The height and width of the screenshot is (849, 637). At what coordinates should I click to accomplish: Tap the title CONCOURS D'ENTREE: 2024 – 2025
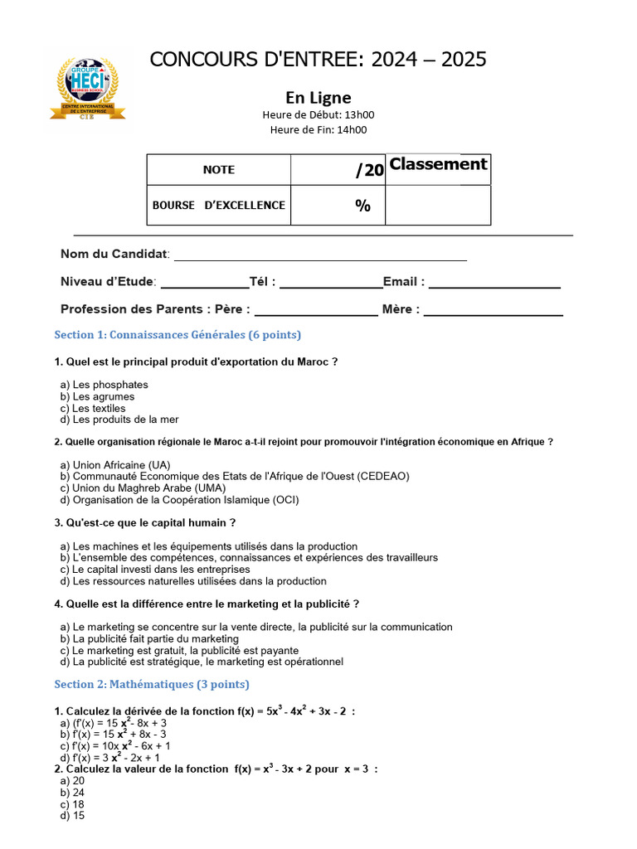point(318,60)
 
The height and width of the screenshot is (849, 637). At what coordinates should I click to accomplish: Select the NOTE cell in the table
point(219,170)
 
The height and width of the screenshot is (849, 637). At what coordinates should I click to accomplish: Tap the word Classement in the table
point(438,164)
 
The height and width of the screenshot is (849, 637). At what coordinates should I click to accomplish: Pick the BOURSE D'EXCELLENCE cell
point(219,205)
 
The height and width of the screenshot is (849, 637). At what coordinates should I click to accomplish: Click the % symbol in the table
point(362,206)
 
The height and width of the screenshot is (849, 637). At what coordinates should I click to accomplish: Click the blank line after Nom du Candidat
point(319,255)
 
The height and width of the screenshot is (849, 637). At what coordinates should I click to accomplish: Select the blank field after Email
point(494,283)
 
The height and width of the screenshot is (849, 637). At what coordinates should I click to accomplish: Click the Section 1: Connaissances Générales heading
point(177,335)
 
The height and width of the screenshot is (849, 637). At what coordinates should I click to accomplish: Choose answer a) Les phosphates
point(105,385)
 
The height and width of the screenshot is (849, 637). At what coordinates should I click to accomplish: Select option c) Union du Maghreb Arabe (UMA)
point(143,488)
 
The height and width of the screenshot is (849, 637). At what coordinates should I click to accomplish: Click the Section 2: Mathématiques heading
point(152,685)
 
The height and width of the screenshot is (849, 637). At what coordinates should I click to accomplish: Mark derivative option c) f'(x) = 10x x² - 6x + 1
point(116,746)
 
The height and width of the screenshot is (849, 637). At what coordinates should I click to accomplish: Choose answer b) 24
point(73,793)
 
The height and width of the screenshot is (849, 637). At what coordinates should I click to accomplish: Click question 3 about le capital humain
point(145,523)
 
